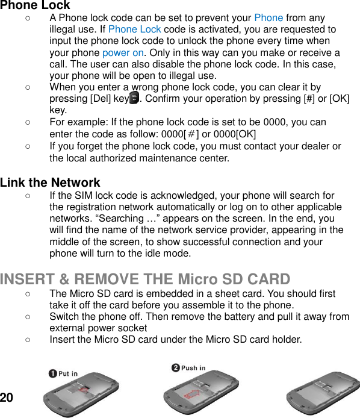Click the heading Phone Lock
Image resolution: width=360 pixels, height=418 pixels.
tap(35, 5)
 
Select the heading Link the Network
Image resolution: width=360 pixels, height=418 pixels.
tap(50, 182)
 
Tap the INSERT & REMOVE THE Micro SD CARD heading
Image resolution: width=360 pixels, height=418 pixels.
tap(145, 279)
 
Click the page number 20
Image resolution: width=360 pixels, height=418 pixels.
tap(7, 398)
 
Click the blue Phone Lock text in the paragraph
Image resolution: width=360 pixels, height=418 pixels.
tap(134, 30)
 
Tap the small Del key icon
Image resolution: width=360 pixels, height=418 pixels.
tap(134, 99)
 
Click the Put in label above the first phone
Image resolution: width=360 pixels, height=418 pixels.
tap(68, 373)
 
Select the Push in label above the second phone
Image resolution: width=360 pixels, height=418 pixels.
tap(193, 368)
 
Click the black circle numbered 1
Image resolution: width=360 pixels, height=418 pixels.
tap(53, 373)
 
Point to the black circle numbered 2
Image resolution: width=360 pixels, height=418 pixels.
tap(176, 368)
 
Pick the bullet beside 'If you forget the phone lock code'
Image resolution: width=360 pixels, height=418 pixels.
tap(28, 146)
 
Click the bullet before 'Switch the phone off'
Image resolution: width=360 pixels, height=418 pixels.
tap(28, 316)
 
